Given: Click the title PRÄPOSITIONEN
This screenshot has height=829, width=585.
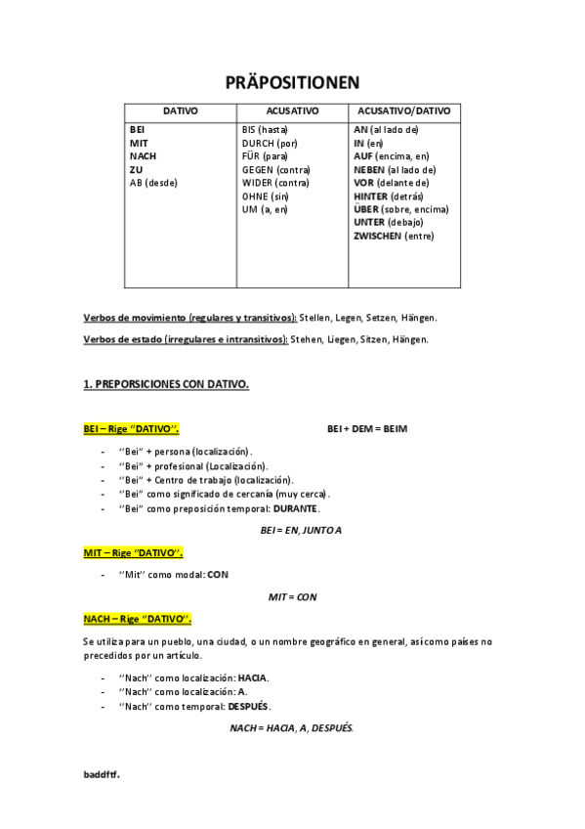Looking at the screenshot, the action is [292, 82].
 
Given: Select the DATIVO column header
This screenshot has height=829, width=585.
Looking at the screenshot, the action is [180, 111].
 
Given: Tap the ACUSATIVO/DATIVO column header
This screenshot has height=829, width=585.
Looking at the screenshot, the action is [403, 111].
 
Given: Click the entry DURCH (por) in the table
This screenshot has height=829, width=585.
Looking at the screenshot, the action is [270, 143].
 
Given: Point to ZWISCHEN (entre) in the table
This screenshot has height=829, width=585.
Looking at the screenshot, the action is [394, 236].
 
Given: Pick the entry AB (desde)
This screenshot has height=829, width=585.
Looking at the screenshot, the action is [155, 183].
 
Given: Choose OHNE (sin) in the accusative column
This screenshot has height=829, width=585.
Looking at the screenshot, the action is [266, 196].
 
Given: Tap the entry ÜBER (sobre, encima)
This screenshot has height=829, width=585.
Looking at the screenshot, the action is [400, 209].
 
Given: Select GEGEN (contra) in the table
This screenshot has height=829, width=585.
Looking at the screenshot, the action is [275, 169].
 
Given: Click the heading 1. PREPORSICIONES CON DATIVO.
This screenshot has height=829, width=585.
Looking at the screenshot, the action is [166, 384].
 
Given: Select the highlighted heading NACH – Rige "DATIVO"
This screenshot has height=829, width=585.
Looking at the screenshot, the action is [137, 618].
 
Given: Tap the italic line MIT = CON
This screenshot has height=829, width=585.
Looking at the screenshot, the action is [293, 596].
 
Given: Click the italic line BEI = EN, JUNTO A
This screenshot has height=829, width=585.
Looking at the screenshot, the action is [301, 530].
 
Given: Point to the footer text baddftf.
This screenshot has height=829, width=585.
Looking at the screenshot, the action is [102, 773].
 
